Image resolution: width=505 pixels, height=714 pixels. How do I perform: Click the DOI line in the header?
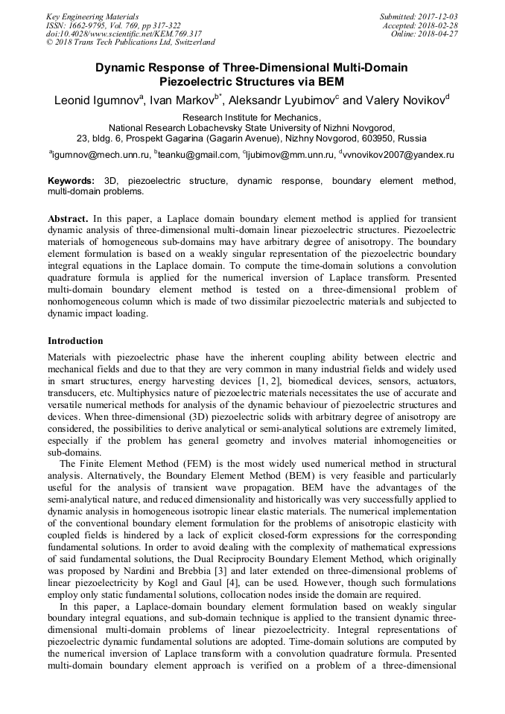tap(124, 34)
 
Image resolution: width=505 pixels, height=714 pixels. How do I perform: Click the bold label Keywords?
tap(72, 181)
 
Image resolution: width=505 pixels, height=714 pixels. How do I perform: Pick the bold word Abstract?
tap(68, 220)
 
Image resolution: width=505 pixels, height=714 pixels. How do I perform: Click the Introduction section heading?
tap(75, 341)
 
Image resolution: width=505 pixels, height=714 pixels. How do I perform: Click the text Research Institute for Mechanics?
tap(252, 118)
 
